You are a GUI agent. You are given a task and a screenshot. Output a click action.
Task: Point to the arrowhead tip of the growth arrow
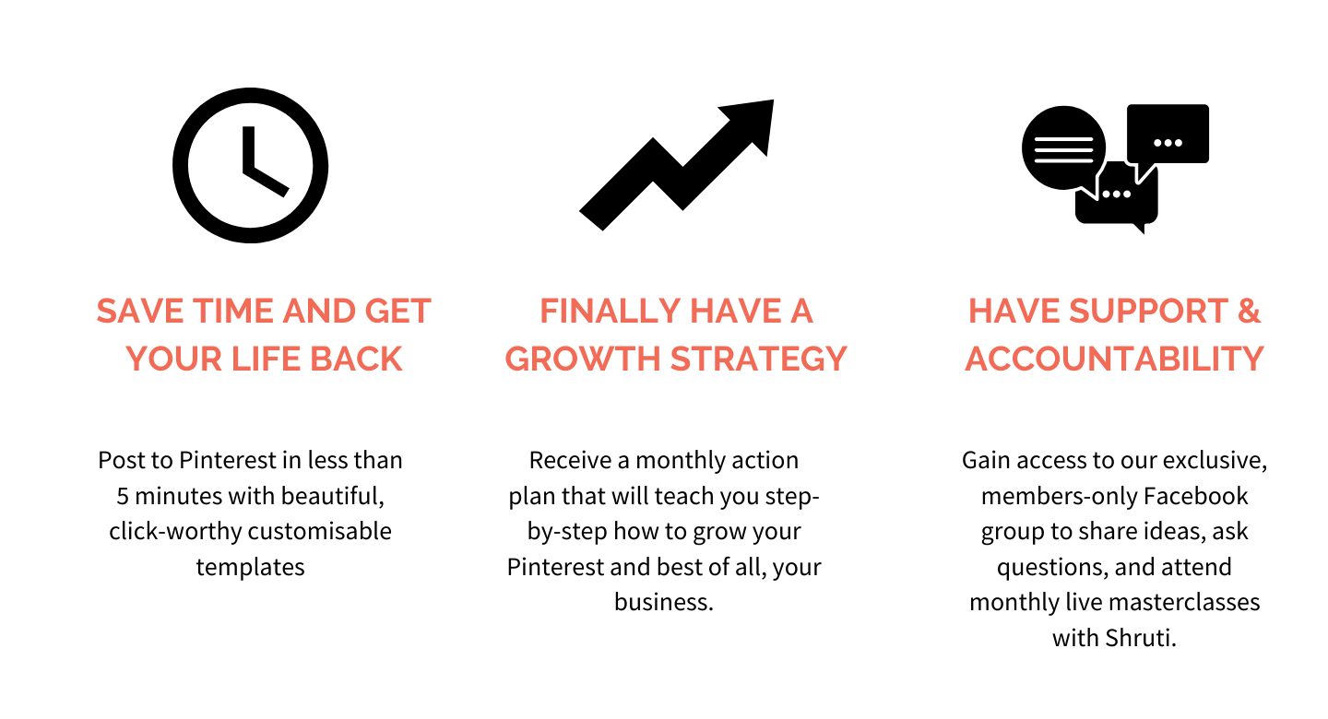773,100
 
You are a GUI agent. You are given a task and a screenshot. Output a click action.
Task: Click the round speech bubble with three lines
1063,148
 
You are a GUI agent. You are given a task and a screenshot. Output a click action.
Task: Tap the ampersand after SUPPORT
1249,312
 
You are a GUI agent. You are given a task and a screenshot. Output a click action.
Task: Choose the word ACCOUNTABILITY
1115,359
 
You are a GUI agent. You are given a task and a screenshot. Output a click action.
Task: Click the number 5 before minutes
122,496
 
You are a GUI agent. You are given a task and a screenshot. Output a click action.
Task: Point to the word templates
250,567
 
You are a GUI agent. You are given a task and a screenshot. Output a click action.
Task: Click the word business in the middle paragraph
660,602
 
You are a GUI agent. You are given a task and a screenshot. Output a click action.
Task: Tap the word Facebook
1195,496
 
